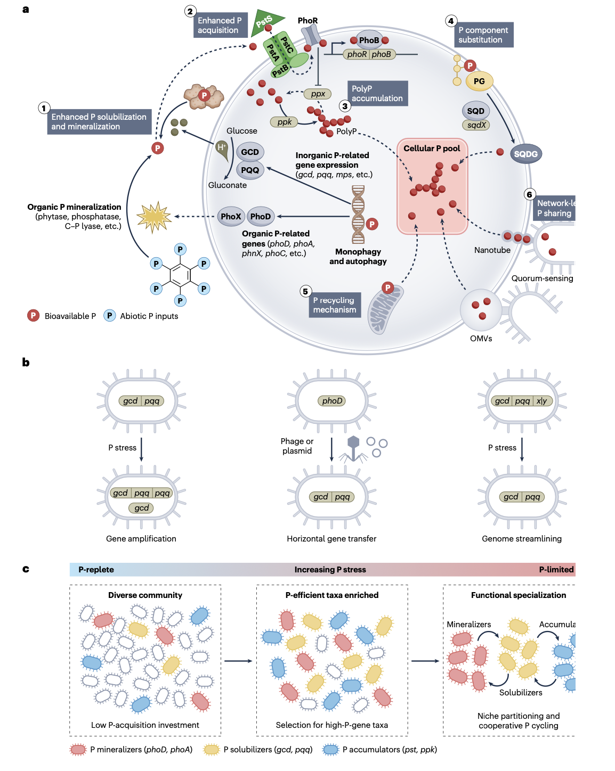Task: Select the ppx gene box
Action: (318, 94)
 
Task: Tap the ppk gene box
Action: (284, 122)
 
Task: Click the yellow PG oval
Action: (479, 81)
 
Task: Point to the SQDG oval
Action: (525, 154)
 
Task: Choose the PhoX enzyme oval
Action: (231, 216)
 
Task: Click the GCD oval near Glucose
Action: (250, 152)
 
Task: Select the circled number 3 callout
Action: (345, 106)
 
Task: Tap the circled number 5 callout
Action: (305, 291)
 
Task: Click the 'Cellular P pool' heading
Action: (432, 149)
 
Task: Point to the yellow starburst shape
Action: (153, 217)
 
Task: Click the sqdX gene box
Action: (476, 125)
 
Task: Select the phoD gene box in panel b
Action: (332, 401)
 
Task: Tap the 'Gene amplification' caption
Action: (141, 539)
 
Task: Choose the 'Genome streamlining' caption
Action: (521, 539)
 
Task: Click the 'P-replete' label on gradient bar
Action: (96, 570)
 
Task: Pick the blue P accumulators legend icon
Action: (331, 750)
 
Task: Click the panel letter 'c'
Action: (26, 569)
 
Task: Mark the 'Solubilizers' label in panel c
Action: (521, 693)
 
